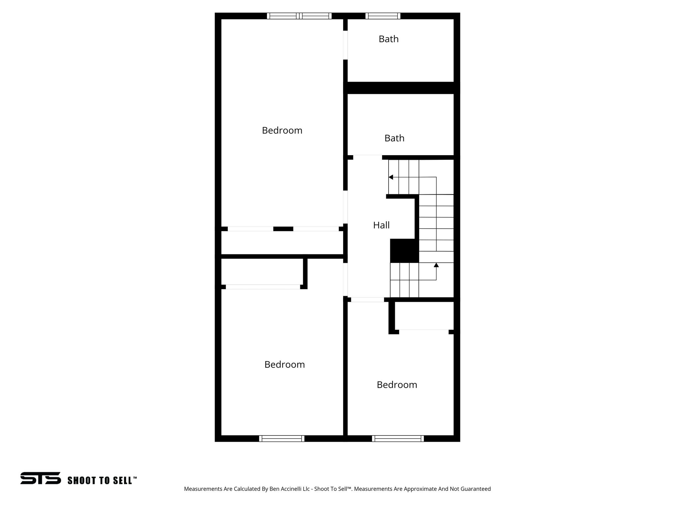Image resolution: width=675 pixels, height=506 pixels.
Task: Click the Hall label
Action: click(x=381, y=225)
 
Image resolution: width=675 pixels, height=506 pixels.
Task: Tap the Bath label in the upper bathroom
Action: click(x=389, y=39)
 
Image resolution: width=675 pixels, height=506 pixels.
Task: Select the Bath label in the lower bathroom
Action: click(x=394, y=138)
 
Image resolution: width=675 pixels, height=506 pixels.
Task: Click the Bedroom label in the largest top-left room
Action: click(x=282, y=130)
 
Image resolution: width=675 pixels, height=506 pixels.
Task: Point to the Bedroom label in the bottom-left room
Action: click(x=284, y=365)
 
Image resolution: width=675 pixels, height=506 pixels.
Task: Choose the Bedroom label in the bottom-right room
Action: click(x=397, y=385)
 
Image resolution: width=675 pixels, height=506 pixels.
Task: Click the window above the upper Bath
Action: click(x=383, y=16)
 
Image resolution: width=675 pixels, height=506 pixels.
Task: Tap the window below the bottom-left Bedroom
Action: click(x=281, y=438)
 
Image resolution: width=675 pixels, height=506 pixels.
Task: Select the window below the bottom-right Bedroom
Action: click(x=398, y=438)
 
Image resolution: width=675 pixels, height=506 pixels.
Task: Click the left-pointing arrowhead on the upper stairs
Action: click(x=391, y=177)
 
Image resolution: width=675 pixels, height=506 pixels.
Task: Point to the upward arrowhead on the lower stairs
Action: click(x=436, y=265)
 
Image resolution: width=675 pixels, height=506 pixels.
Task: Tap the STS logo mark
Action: click(x=41, y=478)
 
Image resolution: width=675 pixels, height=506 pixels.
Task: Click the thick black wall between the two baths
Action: click(x=401, y=88)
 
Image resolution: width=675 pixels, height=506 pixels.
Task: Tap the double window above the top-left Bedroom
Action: click(x=299, y=16)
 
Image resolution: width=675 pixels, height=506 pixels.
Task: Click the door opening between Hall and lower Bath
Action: click(x=367, y=157)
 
